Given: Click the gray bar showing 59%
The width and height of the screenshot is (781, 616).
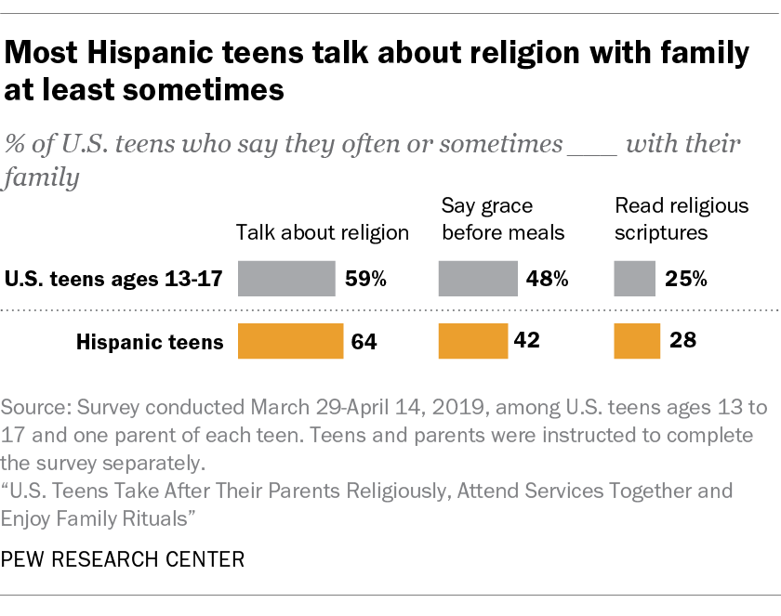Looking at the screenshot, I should tap(286, 278).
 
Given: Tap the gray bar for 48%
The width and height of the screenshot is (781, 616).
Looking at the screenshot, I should tap(478, 278).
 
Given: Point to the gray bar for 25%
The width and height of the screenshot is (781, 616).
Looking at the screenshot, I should tap(635, 278).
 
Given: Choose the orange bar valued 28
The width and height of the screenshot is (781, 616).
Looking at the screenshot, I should tap(637, 341).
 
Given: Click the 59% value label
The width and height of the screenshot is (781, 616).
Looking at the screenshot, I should tap(365, 279).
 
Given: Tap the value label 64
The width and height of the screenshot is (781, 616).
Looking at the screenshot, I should tap(365, 342).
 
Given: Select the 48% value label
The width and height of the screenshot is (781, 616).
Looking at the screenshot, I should tap(548, 279).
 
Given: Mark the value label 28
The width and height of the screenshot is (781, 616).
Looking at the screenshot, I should tap(682, 342).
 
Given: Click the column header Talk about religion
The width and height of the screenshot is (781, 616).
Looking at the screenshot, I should tap(323, 232).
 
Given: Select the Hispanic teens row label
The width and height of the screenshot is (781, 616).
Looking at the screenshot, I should tap(150, 342).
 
